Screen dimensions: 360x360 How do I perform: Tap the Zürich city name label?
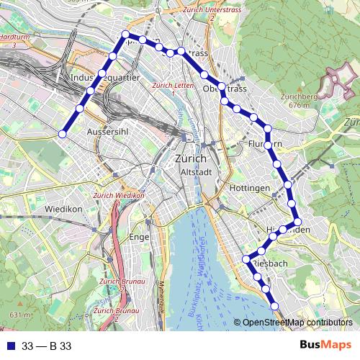[191, 159]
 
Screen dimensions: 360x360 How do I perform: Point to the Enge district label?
[138, 237]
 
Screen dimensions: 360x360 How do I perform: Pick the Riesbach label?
[271, 264]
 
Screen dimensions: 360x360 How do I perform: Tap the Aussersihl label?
[107, 133]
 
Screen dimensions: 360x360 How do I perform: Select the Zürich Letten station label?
[173, 88]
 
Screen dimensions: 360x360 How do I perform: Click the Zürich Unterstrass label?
[210, 13]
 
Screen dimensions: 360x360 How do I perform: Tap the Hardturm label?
[14, 40]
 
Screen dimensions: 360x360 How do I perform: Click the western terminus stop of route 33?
[63, 133]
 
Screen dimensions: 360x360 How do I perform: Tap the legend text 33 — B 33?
[46, 346]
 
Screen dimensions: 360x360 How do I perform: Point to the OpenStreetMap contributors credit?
[296, 322]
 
